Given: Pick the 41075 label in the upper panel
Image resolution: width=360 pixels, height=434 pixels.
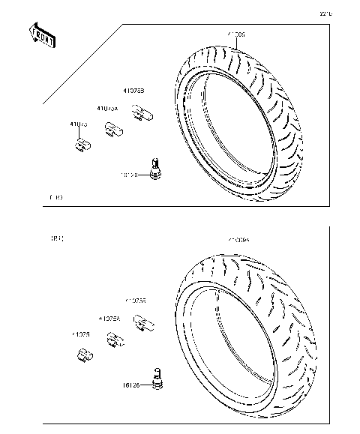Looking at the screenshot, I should pyautogui.click(x=79, y=124).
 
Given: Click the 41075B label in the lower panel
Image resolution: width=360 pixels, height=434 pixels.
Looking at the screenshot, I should pyautogui.click(x=136, y=300).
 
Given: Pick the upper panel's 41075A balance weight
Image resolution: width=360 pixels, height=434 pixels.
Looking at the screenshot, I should pyautogui.click(x=115, y=130).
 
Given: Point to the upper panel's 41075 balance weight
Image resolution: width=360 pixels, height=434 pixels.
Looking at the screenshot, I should pyautogui.click(x=82, y=143).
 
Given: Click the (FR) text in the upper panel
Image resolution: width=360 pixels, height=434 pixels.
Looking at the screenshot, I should pyautogui.click(x=55, y=198).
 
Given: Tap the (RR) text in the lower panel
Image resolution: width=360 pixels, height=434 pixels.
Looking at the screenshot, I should pyautogui.click(x=56, y=240).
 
